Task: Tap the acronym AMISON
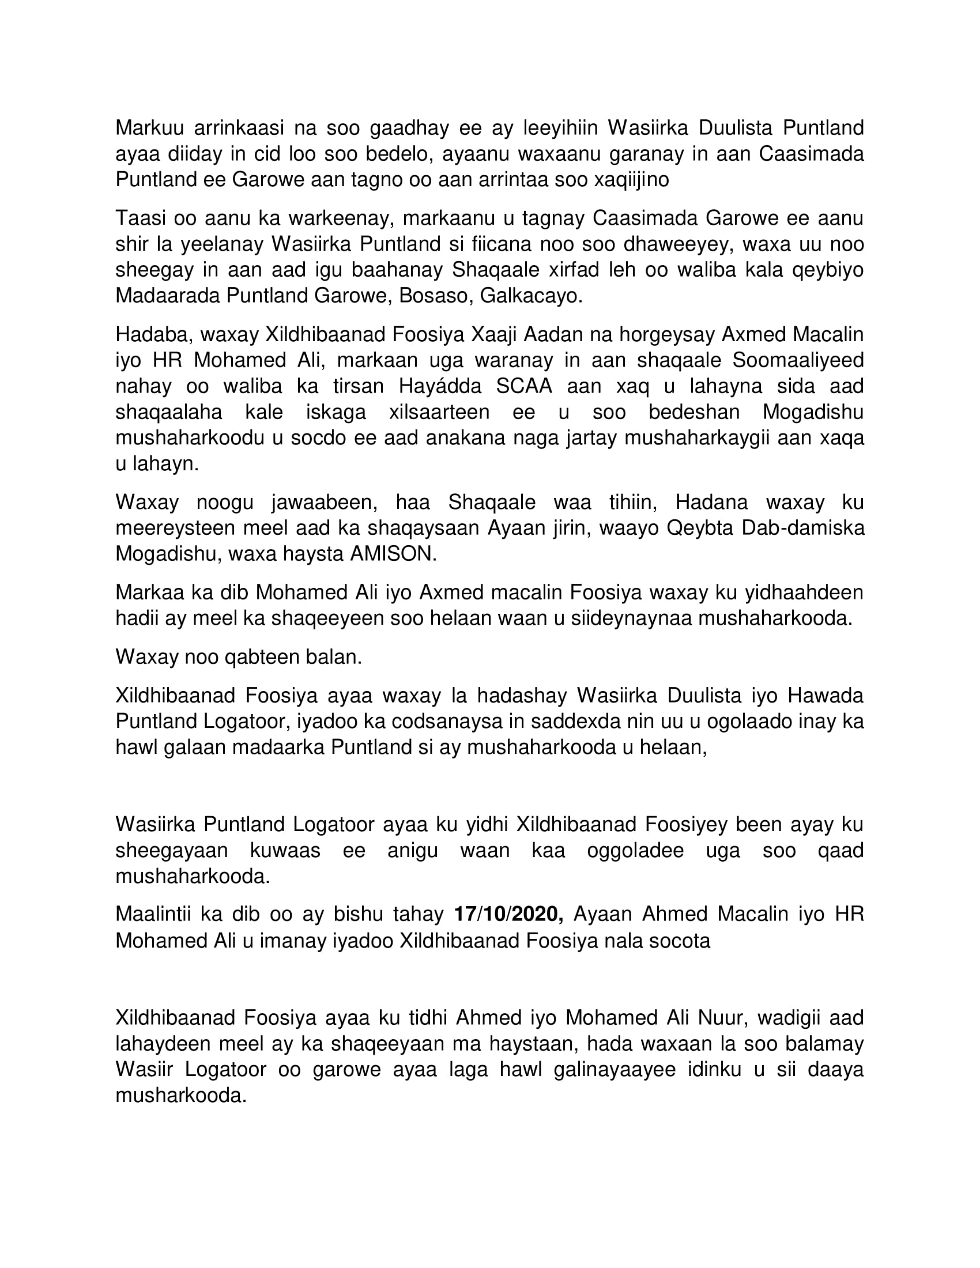tap(393, 554)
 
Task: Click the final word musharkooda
tap(181, 1096)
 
